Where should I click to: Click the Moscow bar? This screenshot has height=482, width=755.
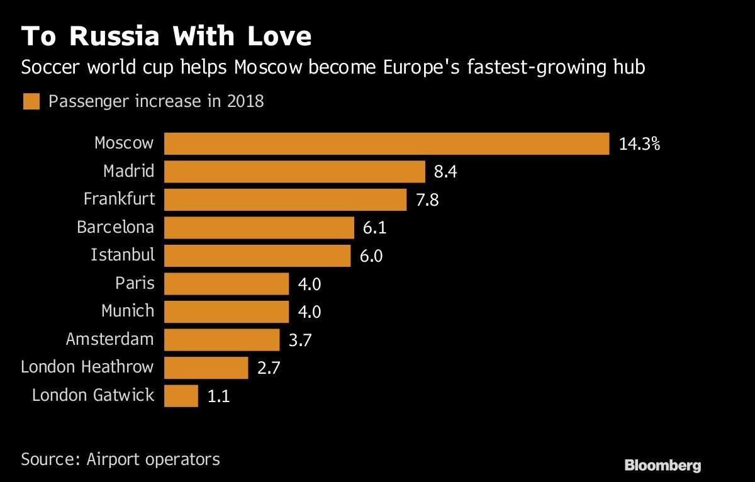[386, 143]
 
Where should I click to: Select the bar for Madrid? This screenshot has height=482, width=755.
[294, 171]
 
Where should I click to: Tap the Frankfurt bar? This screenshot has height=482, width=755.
[285, 199]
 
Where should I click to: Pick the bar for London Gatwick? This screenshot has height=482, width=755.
[181, 396]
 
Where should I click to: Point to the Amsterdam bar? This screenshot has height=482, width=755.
[221, 340]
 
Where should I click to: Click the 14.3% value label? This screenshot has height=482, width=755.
[639, 144]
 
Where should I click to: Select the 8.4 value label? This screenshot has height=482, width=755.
[445, 172]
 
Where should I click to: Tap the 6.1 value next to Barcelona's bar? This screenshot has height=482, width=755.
[374, 228]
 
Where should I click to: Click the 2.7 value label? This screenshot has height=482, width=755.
[269, 368]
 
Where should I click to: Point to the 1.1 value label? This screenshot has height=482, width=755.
[218, 396]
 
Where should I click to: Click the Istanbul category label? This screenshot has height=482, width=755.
[122, 255]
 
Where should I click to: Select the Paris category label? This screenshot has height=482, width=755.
[135, 283]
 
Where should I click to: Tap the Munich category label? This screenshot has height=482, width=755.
[128, 311]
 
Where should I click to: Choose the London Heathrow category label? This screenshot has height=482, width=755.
[87, 367]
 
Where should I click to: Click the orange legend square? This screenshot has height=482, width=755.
[31, 102]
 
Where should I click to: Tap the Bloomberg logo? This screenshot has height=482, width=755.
[662, 466]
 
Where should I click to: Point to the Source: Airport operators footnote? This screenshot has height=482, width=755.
[120, 459]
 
